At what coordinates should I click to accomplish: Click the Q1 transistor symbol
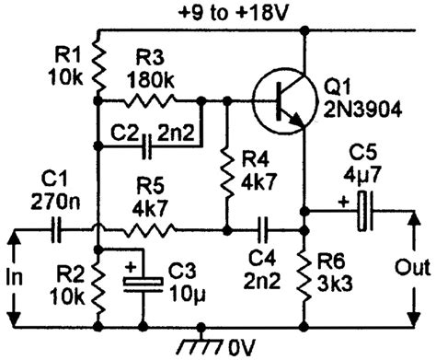point(279,102)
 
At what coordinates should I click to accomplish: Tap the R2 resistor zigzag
point(98,284)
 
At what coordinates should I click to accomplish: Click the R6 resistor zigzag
point(303,273)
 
